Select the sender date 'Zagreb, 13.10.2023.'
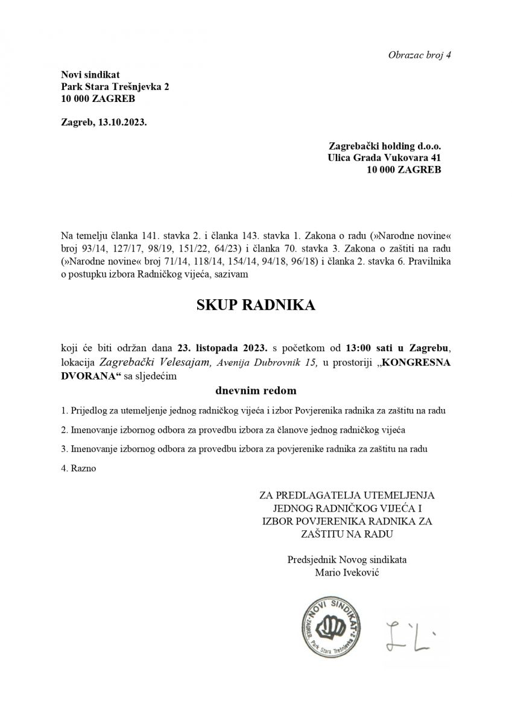tap(104, 122)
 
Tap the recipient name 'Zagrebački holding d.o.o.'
tap(385, 146)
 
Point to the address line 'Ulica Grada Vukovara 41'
tap(385, 158)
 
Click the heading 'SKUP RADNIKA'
tap(256, 306)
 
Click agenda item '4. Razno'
tap(78, 468)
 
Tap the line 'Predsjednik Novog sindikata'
tap(347, 560)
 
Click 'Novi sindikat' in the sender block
tap(90, 75)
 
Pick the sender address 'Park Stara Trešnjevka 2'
tap(115, 87)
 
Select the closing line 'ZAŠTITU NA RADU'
tap(347, 534)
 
